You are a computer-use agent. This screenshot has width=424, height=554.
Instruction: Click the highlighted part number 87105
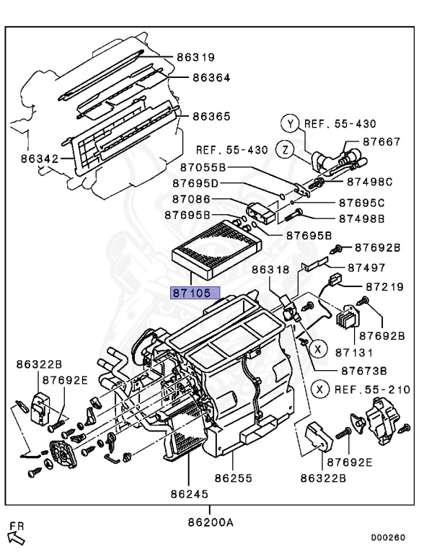195,293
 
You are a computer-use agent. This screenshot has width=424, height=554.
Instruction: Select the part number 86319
195,57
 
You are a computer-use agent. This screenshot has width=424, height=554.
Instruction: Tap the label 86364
211,77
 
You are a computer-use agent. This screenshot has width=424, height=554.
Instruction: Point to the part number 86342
40,159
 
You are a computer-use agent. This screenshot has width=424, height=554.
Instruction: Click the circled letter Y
290,123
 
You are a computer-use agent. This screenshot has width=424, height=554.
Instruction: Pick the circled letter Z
285,149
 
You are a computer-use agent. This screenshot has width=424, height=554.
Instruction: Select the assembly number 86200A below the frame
211,522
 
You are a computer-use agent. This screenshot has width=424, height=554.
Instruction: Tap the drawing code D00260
388,537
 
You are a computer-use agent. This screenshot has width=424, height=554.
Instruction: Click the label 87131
354,352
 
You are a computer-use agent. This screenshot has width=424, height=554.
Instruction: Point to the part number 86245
190,493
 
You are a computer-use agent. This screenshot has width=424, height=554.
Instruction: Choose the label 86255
234,478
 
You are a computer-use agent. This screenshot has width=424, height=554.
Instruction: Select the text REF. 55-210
372,390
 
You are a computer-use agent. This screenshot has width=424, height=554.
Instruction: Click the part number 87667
381,141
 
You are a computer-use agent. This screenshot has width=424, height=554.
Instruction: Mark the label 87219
384,286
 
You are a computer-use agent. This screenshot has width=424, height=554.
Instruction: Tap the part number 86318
270,270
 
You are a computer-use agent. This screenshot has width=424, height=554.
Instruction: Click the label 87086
191,199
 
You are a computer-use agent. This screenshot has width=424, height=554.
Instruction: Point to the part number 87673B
364,371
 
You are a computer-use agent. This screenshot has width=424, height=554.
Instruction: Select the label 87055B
203,167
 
